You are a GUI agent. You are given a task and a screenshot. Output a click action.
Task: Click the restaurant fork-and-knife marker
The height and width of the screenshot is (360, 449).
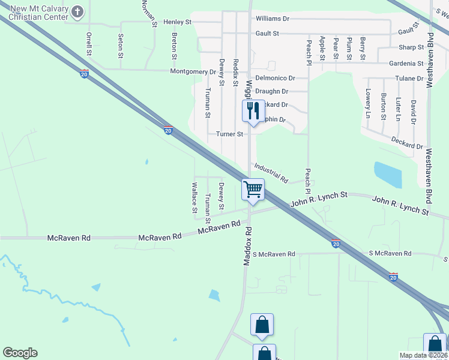252,110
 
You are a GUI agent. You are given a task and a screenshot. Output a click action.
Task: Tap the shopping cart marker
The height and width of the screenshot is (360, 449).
253,189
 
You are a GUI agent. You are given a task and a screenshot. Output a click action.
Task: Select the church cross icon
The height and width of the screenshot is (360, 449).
78,11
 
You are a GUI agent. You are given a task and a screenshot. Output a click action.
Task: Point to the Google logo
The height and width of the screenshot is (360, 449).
20,353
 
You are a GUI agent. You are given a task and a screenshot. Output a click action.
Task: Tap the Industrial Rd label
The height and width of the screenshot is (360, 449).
271,173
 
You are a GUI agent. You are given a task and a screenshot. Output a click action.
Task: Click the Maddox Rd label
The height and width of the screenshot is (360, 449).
246,245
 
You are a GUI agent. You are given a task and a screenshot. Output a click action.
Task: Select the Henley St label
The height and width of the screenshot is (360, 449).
177,22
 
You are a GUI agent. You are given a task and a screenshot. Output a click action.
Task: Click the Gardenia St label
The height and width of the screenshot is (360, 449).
406,63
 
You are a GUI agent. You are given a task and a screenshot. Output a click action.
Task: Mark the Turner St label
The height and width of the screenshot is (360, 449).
230,134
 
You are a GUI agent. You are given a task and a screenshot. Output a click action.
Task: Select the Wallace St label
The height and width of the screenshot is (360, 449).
194,198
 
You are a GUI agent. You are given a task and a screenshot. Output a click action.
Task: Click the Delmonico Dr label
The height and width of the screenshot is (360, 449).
275,78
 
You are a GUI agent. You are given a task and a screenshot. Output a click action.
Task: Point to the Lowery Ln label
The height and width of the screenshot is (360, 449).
368,103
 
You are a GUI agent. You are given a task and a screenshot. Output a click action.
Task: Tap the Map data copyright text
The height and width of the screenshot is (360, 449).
423,355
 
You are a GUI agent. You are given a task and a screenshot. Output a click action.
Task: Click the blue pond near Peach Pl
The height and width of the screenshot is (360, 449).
388,175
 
